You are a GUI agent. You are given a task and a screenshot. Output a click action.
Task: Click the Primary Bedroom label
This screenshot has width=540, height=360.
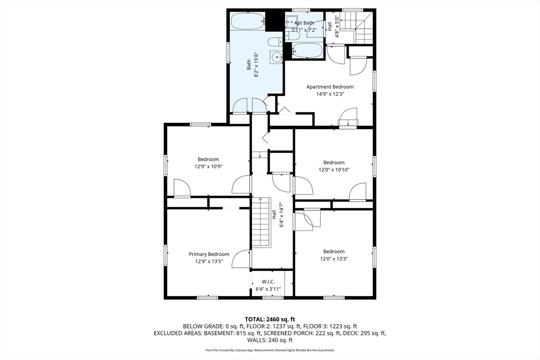click(x=209, y=255)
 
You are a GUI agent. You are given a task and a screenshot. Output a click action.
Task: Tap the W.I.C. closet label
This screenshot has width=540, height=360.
click(x=268, y=282)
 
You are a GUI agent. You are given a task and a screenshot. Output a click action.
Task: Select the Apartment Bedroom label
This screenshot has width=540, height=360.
click(x=330, y=87)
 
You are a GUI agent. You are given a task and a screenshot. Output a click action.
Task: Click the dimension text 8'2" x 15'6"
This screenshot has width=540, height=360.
click(x=256, y=64)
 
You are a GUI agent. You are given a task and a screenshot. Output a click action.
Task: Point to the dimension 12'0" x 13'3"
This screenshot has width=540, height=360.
click(x=334, y=259)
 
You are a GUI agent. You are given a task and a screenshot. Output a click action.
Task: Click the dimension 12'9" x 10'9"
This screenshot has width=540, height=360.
click(x=208, y=167)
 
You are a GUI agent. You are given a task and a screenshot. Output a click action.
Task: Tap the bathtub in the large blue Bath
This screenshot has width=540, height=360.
click(x=248, y=22)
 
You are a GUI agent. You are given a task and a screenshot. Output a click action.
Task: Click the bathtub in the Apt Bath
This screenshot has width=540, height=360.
click(x=307, y=51)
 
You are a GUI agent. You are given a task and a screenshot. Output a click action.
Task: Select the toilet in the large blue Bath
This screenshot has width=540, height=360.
click(x=274, y=42)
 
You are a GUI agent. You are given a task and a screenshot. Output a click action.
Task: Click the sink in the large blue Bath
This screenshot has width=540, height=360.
click(x=276, y=57)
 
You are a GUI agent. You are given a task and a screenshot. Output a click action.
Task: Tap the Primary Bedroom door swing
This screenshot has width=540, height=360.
click(x=241, y=259)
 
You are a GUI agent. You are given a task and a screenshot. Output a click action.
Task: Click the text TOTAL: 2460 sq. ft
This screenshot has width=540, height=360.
click(x=269, y=319)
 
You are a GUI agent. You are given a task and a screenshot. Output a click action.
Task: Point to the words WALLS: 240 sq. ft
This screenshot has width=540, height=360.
click(x=269, y=340)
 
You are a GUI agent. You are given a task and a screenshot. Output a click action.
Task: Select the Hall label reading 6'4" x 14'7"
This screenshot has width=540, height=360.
click(x=282, y=215)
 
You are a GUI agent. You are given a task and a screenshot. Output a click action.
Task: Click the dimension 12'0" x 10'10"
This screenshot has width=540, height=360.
click(x=334, y=170)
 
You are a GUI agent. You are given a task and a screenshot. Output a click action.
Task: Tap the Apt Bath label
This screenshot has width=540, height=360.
click(x=304, y=23)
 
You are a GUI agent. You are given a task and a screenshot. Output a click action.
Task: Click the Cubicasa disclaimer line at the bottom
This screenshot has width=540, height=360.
click(x=269, y=351)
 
